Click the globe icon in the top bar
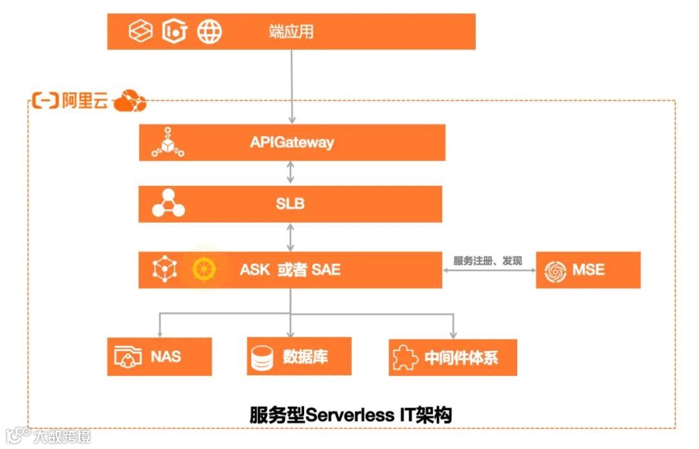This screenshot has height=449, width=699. (x=209, y=31)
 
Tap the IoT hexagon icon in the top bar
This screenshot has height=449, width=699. (x=174, y=31)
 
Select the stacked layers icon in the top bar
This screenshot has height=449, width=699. (x=140, y=31)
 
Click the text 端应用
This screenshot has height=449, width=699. (x=291, y=31)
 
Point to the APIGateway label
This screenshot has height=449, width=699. (x=292, y=142)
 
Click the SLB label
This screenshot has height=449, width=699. (x=290, y=203)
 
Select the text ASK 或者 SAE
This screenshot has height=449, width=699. (x=290, y=270)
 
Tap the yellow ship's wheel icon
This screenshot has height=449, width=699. (x=204, y=270)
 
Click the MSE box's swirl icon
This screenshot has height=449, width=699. (x=555, y=270)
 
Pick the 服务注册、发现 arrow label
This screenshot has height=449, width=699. (x=488, y=261)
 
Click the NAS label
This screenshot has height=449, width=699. (x=166, y=356)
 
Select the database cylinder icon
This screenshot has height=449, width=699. (x=261, y=357)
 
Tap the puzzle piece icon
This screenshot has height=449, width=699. (x=405, y=357)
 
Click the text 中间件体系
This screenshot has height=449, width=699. (x=461, y=358)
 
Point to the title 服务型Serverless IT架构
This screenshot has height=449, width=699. (x=350, y=415)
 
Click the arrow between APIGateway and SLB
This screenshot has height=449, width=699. (x=291, y=173)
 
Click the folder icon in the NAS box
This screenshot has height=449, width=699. (x=128, y=357)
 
